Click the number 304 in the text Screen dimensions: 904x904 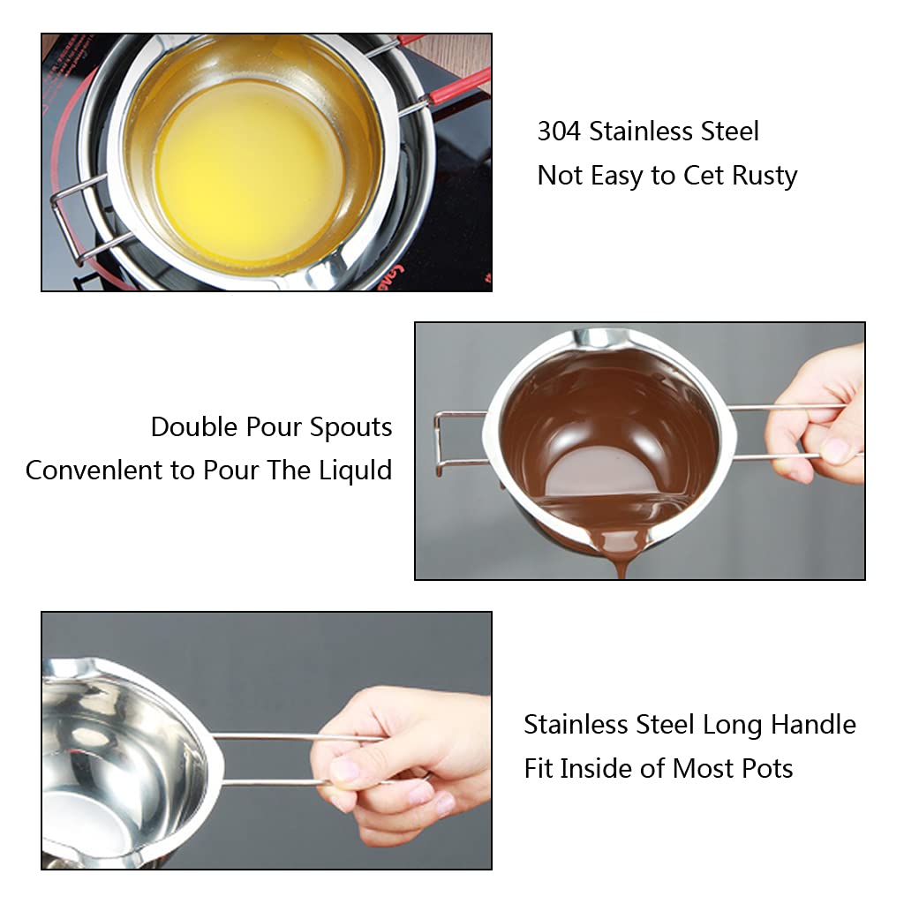560,132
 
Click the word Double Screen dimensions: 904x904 195,427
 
